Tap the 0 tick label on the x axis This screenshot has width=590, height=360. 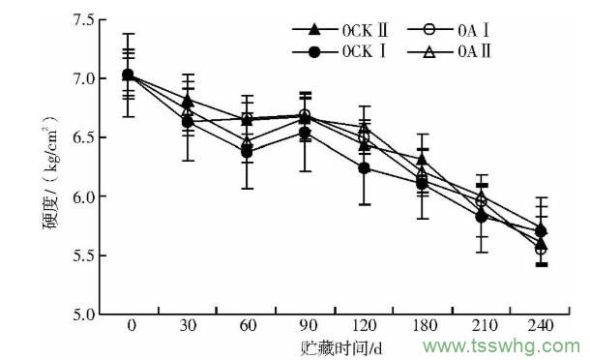pyautogui.click(x=131, y=326)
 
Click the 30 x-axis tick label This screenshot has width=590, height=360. pyautogui.click(x=189, y=326)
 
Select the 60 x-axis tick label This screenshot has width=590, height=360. pyautogui.click(x=248, y=326)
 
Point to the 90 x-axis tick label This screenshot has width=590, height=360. pyautogui.click(x=306, y=326)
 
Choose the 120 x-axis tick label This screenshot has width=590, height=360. pyautogui.click(x=365, y=326)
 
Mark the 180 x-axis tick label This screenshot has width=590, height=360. pyautogui.click(x=424, y=326)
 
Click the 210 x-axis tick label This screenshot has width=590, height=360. pyautogui.click(x=482, y=326)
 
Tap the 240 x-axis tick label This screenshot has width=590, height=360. pyautogui.click(x=540, y=326)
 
